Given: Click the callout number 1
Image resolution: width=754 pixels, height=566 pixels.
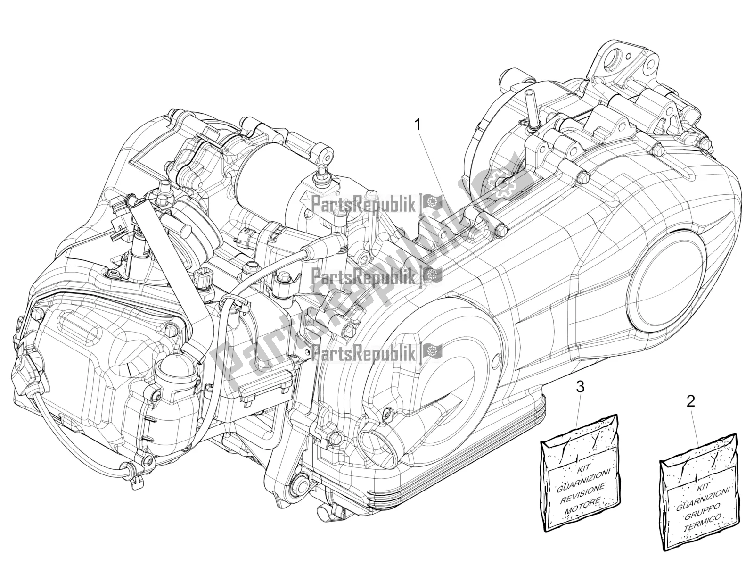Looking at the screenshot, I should coord(417,113).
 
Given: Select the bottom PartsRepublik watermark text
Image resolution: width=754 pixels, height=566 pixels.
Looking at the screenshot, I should coord(356,351).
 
